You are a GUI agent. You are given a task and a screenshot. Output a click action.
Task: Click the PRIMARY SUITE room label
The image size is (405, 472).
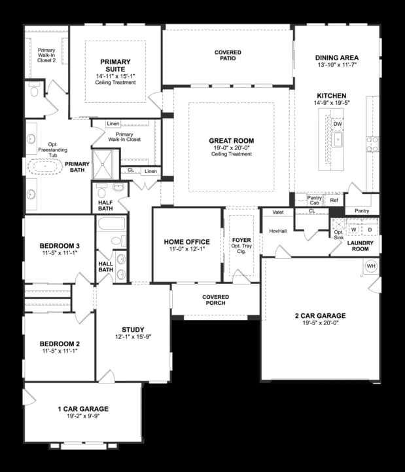coord(115,66)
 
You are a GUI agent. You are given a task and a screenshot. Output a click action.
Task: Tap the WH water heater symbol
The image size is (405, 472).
coord(371,266)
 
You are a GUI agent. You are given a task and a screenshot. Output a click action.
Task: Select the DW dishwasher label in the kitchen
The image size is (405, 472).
coord(338,124)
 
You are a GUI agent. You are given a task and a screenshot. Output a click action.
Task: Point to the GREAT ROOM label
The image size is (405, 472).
coord(232,141)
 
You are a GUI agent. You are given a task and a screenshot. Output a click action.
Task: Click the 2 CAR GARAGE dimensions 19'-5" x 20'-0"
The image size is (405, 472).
coord(320,323)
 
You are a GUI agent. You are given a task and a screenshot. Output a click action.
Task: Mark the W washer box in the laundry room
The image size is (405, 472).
coord(354,229)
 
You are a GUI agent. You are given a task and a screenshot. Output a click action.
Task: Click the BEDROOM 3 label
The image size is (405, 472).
coord(60,246)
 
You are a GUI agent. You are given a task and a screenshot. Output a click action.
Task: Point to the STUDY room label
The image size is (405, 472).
coord(133,330)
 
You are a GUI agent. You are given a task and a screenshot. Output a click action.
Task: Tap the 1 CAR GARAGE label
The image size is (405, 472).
coord(82,409)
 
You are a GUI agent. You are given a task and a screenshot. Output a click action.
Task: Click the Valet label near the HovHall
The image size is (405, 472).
coord(277,212)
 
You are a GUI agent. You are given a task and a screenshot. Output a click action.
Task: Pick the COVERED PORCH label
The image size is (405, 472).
coord(215,300)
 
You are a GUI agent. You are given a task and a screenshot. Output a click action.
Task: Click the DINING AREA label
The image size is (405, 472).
coord(337,58)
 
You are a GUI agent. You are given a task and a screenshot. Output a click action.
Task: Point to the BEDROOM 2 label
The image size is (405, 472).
coord(60,344)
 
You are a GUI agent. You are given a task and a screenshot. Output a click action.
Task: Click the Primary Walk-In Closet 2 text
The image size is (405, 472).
coord(46,54)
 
